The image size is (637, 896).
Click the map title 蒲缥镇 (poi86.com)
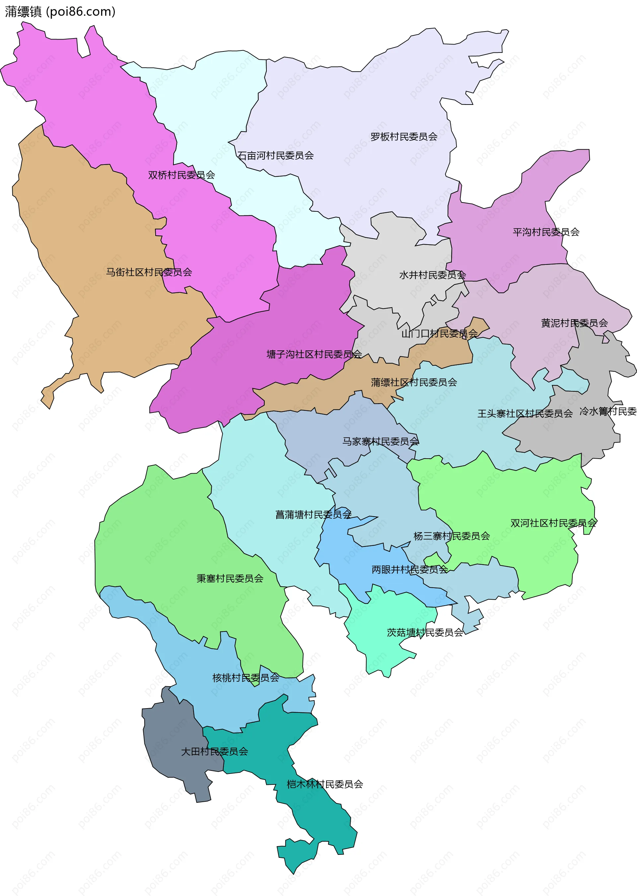[x=60, y=12]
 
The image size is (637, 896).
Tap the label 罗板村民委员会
[x=404, y=136]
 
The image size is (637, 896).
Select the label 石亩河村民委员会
[x=275, y=156]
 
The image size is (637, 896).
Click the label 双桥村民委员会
[x=181, y=175]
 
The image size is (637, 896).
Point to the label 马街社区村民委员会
[x=149, y=272]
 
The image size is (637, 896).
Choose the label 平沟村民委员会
[x=546, y=232]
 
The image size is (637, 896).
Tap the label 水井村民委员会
[x=432, y=275]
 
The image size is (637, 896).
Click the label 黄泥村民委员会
[x=574, y=323]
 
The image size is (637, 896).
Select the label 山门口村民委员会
[x=439, y=334]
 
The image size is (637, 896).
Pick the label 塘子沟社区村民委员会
[x=314, y=354]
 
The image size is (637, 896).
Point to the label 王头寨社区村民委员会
[x=525, y=413]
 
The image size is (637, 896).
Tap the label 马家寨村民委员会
[x=380, y=441]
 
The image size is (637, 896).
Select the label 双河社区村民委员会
[x=553, y=523]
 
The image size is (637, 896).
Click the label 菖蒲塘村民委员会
[x=313, y=514]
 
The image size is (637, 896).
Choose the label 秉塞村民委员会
[x=230, y=578]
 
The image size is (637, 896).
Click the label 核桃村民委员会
[x=246, y=678]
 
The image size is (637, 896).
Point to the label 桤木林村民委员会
[x=324, y=784]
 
